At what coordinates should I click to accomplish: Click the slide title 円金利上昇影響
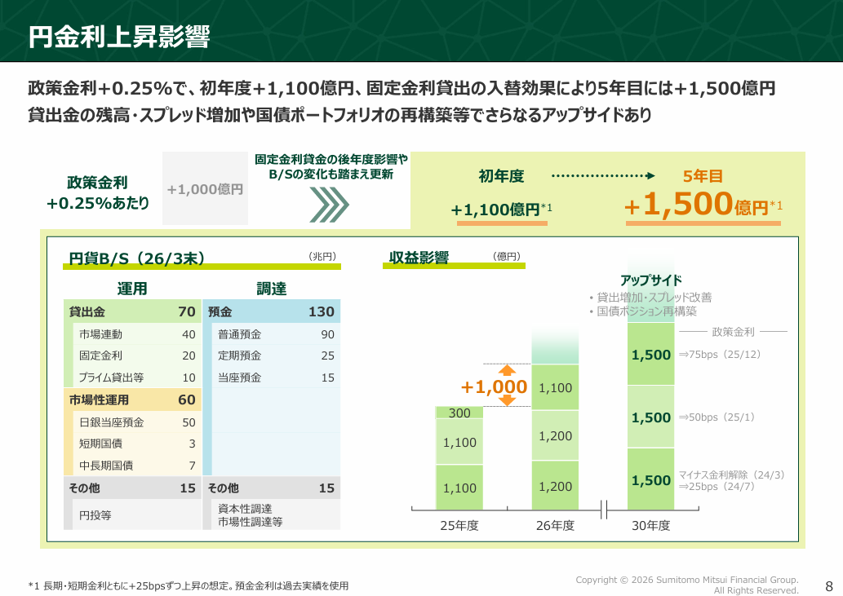point(119,37)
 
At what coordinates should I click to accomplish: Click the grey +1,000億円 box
point(205,188)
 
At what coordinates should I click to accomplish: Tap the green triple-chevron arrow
point(329,205)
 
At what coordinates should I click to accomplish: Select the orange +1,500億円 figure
point(703,205)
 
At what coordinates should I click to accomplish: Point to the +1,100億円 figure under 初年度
point(501,210)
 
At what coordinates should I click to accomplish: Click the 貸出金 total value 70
point(187,311)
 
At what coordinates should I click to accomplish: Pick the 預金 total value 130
point(322,311)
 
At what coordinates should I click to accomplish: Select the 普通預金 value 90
point(328,334)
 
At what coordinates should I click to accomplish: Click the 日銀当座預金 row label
point(111,422)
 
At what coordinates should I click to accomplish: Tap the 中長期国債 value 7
point(192,466)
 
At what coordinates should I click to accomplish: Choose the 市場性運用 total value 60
point(187,400)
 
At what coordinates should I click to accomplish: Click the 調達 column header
point(272,289)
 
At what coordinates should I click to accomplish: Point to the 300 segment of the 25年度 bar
point(459,413)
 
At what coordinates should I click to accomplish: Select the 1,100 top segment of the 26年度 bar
point(556,387)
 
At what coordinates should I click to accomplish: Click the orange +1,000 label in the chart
point(494,386)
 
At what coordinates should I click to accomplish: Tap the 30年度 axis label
point(650,525)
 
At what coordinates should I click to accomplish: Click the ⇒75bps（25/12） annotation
point(719,355)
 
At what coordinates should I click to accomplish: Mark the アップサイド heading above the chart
point(650,280)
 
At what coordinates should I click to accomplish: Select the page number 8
point(829,585)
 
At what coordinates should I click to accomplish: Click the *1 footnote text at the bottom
point(189,585)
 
